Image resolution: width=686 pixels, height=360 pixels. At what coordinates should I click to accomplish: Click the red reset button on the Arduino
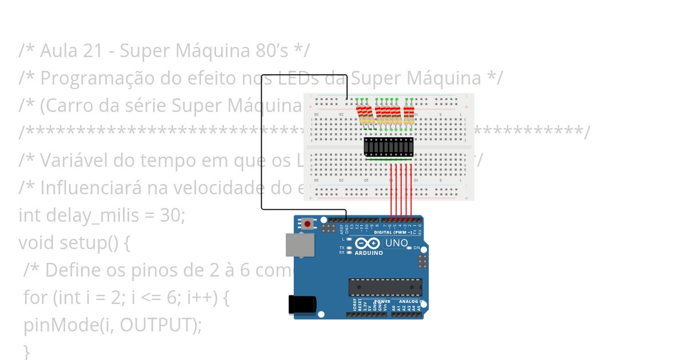point(308,223)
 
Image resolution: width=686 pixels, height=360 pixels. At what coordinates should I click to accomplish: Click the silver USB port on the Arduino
point(300,245)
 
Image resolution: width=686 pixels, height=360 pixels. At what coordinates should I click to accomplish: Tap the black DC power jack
point(302,304)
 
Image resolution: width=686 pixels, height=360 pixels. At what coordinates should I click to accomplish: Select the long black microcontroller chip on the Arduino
point(385,287)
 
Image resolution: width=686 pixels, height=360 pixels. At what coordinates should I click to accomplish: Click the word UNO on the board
point(396,243)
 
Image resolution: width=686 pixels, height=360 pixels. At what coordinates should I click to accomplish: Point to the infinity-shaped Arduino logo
point(372,243)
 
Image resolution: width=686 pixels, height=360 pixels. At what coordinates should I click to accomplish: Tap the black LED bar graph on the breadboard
point(389,147)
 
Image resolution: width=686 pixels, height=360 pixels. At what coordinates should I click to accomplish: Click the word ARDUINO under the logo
point(369,253)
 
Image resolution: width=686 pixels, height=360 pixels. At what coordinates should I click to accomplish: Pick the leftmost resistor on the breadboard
point(361,114)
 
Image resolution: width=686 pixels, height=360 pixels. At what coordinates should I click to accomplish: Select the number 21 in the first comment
point(94,51)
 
